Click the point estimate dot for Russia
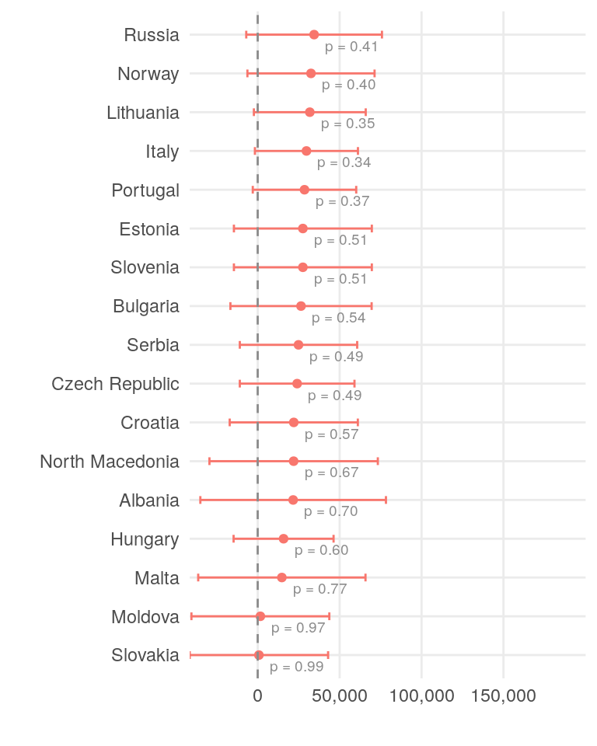point(314,34)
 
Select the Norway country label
point(148,74)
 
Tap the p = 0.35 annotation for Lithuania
point(348,124)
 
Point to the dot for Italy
point(306,151)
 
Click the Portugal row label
point(145,190)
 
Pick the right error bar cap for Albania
point(386,500)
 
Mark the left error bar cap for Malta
point(198,577)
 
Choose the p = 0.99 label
point(297,667)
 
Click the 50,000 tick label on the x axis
point(340,696)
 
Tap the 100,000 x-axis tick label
point(421,696)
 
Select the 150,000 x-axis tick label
point(503,696)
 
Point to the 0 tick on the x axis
point(257,696)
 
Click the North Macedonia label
point(110,462)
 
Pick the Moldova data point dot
point(260,616)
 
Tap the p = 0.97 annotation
point(298,628)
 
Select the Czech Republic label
point(115,384)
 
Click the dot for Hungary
point(284,539)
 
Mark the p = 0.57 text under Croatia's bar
point(332,434)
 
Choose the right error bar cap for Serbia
point(358,344)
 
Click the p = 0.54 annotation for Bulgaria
point(339,318)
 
